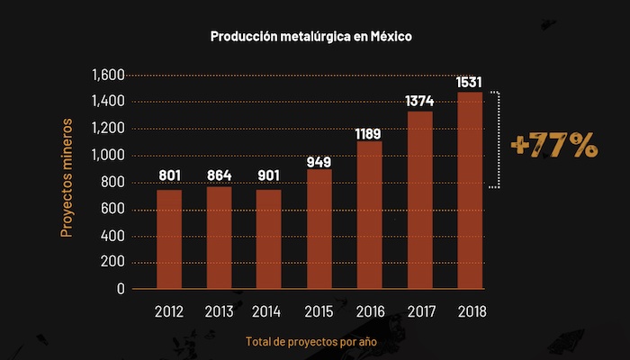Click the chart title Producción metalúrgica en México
coord(310,37)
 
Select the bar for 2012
coord(169,239)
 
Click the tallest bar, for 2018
coord(470,191)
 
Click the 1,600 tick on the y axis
coord(108,75)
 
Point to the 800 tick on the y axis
coord(112,183)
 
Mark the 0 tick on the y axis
coord(121,290)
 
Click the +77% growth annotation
coord(553,146)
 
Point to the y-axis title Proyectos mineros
coord(67,183)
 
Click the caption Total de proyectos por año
coord(310,342)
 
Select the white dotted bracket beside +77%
coord(496,139)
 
